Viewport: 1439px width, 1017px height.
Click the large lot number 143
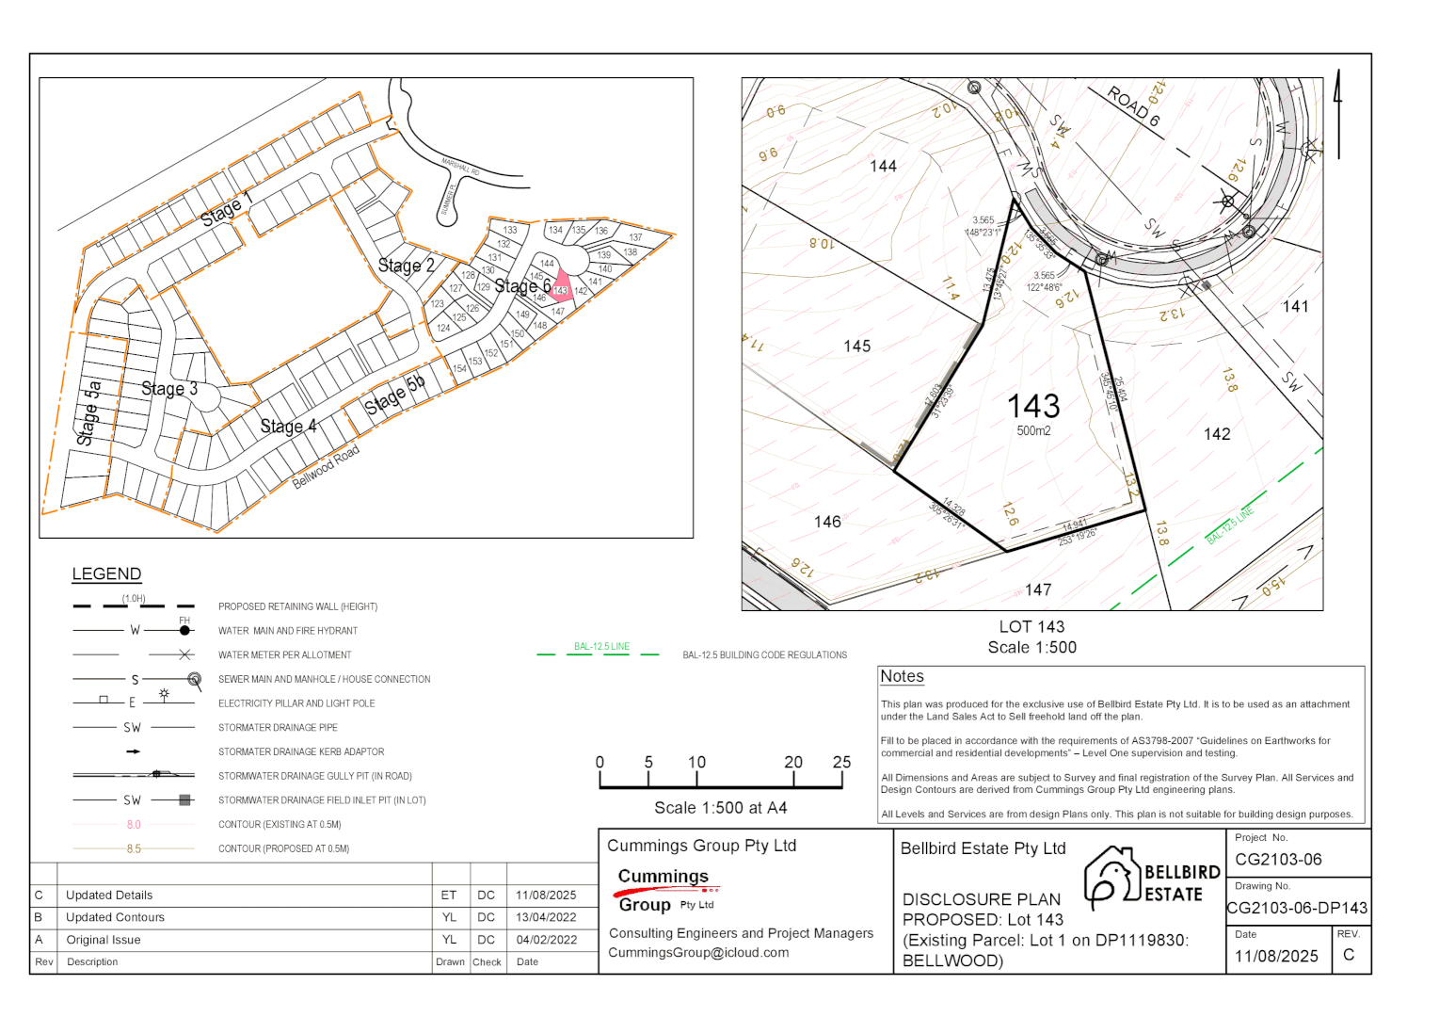click(1033, 406)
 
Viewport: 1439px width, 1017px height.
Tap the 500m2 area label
click(1033, 431)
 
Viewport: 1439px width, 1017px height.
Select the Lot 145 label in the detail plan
click(856, 347)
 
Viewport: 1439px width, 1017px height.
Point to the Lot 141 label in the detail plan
click(1295, 306)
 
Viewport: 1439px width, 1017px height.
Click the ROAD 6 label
click(1133, 106)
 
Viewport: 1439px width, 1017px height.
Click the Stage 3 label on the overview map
click(169, 388)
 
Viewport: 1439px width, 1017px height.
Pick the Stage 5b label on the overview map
click(395, 395)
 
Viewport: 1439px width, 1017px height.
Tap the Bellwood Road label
click(326, 468)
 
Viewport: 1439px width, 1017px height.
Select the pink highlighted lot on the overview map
click(561, 286)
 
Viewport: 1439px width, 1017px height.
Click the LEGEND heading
click(106, 574)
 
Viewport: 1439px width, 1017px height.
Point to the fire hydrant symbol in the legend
click(184, 630)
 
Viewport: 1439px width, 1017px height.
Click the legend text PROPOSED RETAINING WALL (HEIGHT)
click(297, 606)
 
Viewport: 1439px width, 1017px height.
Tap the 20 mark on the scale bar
click(793, 763)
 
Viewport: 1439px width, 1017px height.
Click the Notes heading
click(902, 676)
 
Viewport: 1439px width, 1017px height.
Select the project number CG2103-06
click(1278, 859)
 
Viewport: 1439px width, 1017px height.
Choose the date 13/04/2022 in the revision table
click(546, 917)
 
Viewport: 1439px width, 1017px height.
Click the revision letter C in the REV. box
click(1349, 955)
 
